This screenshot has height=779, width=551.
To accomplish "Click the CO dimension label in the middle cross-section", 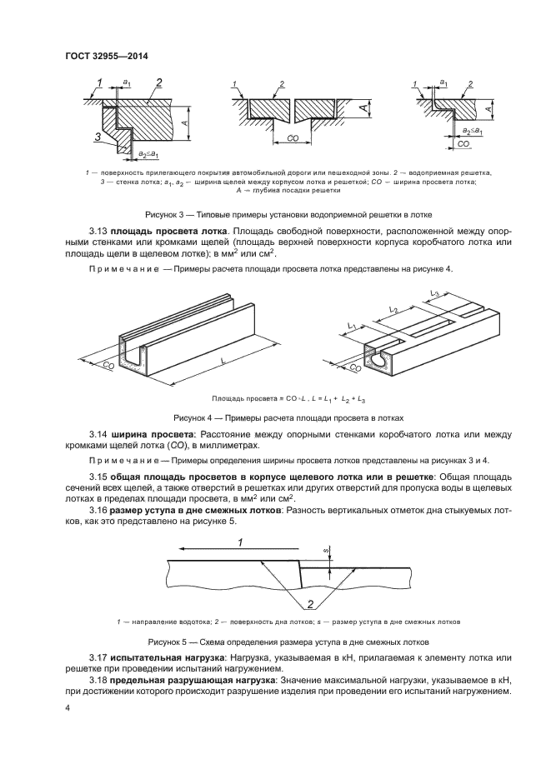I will (293, 137).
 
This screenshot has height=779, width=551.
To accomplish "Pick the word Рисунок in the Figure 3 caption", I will (163, 213).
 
